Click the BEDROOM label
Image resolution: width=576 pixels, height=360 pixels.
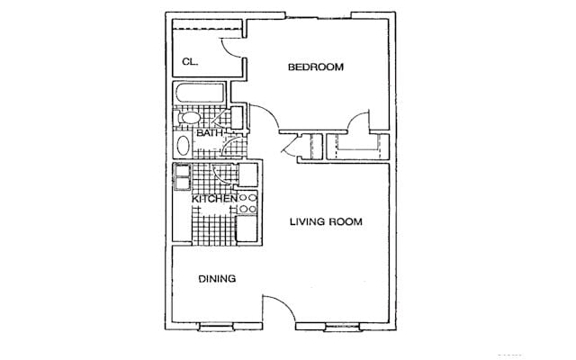click(x=316, y=67)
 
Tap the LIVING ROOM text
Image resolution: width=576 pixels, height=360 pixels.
click(x=326, y=221)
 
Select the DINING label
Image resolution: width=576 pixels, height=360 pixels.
click(x=217, y=279)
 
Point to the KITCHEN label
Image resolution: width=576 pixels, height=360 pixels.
click(x=214, y=199)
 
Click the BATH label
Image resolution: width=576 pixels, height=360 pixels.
click(x=210, y=133)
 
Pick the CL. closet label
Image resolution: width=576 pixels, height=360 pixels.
click(x=190, y=62)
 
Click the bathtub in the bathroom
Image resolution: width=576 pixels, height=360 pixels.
click(x=200, y=93)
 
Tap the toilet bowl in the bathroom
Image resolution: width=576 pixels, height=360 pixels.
click(x=189, y=118)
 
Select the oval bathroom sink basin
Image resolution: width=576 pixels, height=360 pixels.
click(x=183, y=146)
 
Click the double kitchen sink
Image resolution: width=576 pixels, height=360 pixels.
click(x=182, y=177)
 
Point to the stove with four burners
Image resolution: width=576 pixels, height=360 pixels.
click(x=247, y=203)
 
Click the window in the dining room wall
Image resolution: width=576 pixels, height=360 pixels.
click(x=216, y=327)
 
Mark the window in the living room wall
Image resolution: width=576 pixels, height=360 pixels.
click(x=342, y=327)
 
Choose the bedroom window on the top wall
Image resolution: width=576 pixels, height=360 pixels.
click(x=318, y=16)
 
